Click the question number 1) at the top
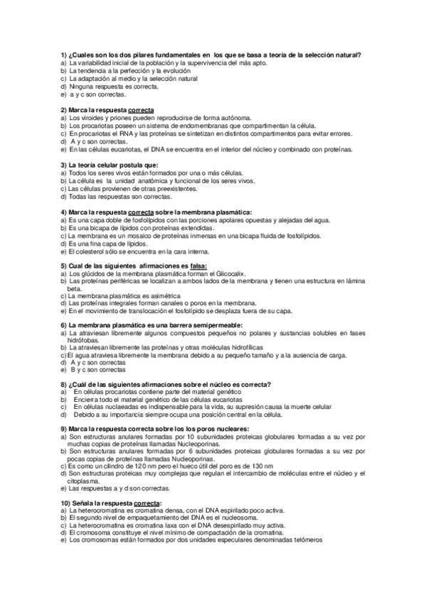tap(63, 55)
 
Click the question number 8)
tap(63, 384)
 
